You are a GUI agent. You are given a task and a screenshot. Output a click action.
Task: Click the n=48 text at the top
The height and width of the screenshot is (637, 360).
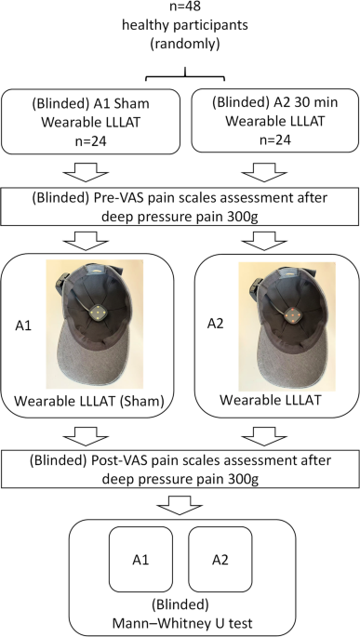185,7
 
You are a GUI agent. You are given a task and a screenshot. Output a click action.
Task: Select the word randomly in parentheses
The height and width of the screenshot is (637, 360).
185,45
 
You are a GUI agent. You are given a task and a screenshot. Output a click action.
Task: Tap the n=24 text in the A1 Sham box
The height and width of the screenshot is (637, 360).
90,141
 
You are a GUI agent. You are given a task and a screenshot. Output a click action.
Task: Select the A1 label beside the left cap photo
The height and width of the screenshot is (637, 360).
22,326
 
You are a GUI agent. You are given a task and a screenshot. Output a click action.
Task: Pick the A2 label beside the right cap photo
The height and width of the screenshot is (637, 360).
216,325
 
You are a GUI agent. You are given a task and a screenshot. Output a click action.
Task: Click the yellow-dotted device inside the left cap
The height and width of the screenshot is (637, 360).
98,312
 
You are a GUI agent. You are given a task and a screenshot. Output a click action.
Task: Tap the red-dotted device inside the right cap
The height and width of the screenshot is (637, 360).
290,314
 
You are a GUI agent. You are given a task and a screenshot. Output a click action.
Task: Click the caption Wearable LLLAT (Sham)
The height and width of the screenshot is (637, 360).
89,402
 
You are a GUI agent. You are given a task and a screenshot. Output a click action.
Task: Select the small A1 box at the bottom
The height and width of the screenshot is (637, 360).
140,560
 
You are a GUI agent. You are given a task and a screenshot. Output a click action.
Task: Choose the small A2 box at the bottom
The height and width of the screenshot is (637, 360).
220,560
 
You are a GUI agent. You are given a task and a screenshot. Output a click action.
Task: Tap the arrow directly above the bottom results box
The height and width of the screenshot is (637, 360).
180,506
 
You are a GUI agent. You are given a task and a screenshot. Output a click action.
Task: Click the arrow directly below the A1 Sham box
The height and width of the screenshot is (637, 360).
87,172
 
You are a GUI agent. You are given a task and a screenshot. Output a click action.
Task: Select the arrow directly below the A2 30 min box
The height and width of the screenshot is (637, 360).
264,172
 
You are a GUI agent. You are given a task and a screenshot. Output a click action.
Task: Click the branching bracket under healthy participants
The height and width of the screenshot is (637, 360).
185,76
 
